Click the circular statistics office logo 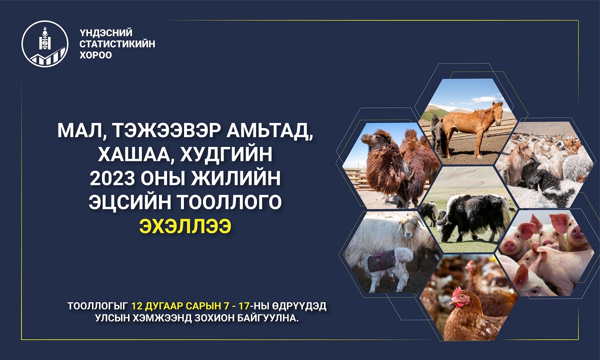pos(44,44)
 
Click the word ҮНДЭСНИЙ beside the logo pos(106,32)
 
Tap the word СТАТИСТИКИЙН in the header pos(117,44)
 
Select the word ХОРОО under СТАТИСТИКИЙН pos(95,55)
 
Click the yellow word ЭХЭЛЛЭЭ pos(185,226)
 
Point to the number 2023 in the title pos(112,178)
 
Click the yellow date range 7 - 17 pos(234,305)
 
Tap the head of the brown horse pos(497,112)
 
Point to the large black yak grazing pos(473,216)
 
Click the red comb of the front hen pos(457,291)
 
